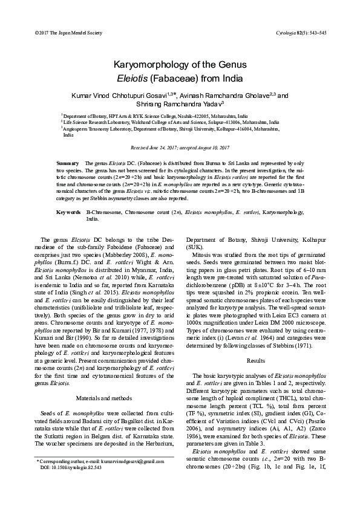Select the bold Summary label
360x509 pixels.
coord(67,164)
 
